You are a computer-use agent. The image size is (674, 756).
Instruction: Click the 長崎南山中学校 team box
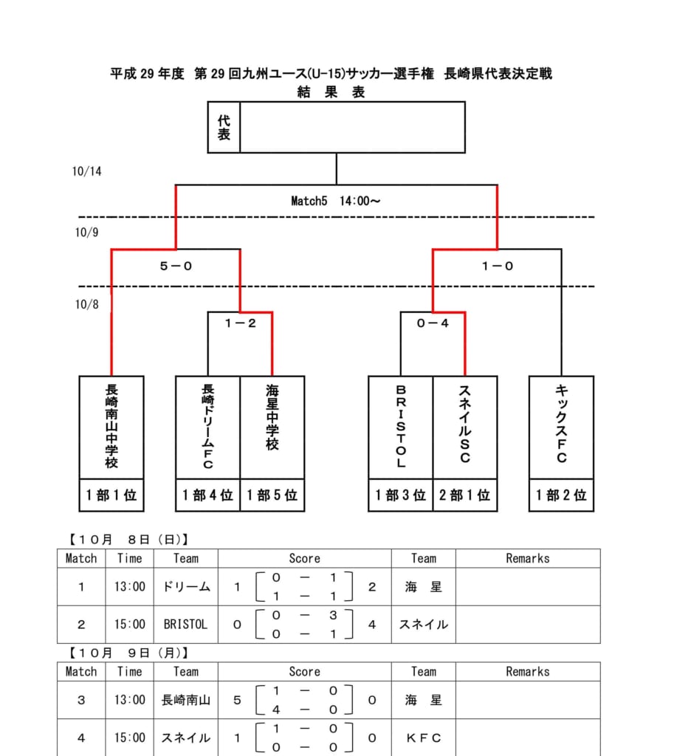pyautogui.click(x=111, y=427)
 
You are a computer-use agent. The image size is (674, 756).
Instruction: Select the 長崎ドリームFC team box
pyautogui.click(x=207, y=427)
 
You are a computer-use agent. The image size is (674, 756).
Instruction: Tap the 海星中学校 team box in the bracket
pyautogui.click(x=272, y=427)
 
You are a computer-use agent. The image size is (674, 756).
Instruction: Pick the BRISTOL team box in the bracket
pyautogui.click(x=401, y=427)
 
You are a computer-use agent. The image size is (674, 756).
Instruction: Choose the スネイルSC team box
pyautogui.click(x=465, y=427)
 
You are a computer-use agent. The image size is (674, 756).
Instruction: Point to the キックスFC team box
pyautogui.click(x=561, y=427)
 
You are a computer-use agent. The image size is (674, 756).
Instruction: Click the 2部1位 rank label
pyautogui.click(x=465, y=495)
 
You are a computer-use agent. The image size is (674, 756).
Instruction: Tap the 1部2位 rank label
pyautogui.click(x=561, y=495)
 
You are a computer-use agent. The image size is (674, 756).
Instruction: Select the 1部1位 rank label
pyautogui.click(x=111, y=495)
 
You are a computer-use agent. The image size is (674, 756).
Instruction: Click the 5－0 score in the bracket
pyautogui.click(x=176, y=267)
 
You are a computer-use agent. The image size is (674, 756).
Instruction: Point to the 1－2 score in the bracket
pyautogui.click(x=240, y=323)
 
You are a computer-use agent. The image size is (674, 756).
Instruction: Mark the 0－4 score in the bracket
pyautogui.click(x=433, y=323)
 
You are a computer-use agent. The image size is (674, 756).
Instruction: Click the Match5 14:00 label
pyautogui.click(x=336, y=200)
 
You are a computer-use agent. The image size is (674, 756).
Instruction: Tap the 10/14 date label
pyautogui.click(x=87, y=171)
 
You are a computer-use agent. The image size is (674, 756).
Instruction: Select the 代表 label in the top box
pyautogui.click(x=224, y=127)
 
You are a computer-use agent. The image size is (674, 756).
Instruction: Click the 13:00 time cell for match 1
pyautogui.click(x=129, y=587)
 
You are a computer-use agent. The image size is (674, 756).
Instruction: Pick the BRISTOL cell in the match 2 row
pyautogui.click(x=185, y=625)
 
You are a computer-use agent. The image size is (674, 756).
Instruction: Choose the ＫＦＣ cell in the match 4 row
pyautogui.click(x=423, y=738)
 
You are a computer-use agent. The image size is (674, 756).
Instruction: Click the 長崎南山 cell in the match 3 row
pyautogui.click(x=185, y=700)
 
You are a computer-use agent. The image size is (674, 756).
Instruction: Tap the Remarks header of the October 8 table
pyautogui.click(x=527, y=558)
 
